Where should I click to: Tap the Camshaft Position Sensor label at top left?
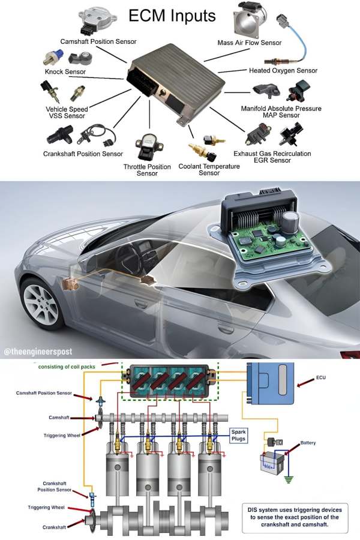(98, 41)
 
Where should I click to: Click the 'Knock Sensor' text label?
(65, 72)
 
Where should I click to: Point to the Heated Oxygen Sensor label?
(283, 71)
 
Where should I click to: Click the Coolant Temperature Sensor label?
(209, 170)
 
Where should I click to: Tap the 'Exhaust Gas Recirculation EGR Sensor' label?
(272, 157)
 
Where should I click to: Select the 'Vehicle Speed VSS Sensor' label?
(67, 113)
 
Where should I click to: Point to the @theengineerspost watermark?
(38, 350)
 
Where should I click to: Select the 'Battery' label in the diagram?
(308, 443)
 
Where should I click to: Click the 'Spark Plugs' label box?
(238, 435)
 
